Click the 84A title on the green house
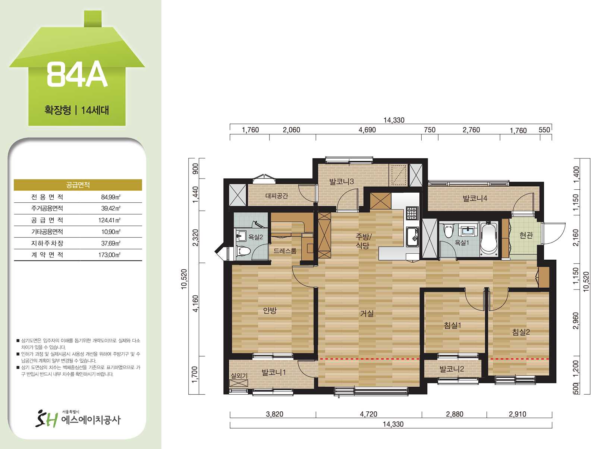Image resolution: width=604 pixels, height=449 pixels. click(77, 75)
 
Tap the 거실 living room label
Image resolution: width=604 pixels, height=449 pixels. click(367, 313)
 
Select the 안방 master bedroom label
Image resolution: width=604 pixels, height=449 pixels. click(270, 310)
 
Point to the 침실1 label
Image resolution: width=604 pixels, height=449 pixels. click(453, 325)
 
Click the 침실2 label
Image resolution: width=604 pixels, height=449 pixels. click(521, 332)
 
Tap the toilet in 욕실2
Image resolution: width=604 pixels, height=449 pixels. click(243, 250)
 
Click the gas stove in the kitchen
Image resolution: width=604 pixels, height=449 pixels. click(412, 213)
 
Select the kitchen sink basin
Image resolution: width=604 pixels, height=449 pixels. click(412, 237)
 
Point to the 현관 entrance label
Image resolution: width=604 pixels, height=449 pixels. click(526, 235)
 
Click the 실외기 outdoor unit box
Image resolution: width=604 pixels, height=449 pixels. click(239, 383)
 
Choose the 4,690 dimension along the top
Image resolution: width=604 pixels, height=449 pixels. click(367, 130)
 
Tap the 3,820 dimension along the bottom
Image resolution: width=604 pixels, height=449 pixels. click(274, 414)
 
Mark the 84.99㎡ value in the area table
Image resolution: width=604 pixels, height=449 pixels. click(111, 197)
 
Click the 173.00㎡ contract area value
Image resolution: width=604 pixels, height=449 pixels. click(110, 255)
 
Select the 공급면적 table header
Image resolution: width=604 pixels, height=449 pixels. click(78, 185)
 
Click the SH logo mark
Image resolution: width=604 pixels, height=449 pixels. click(47, 419)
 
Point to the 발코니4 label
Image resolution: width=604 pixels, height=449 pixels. click(475, 198)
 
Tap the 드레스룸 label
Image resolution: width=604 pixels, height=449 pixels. click(285, 251)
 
